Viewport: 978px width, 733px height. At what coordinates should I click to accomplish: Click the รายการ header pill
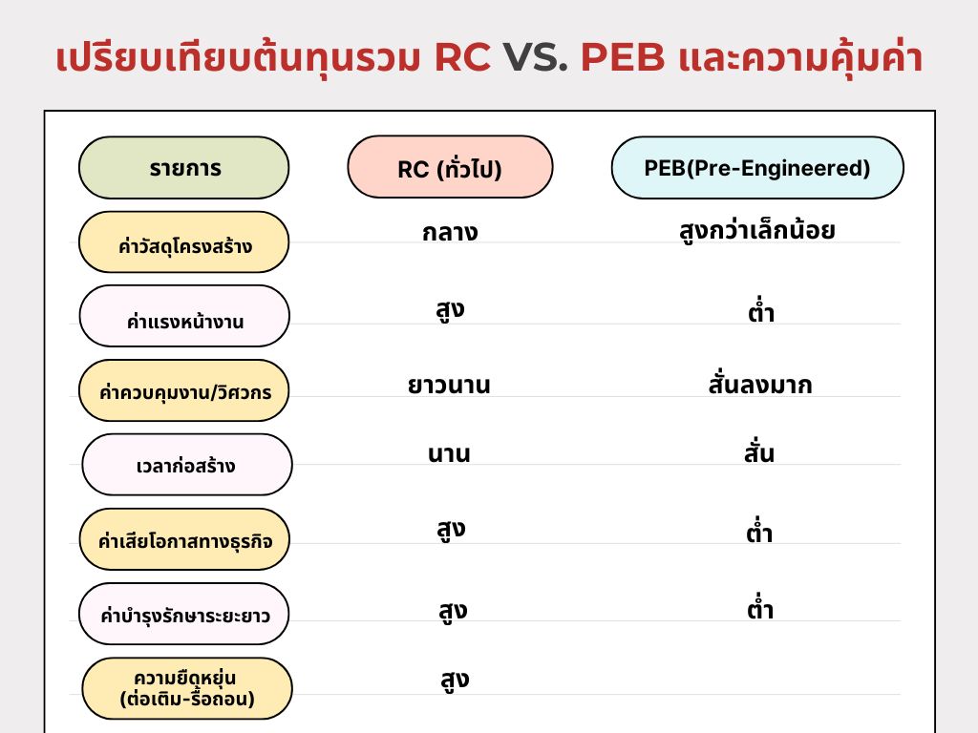pos(184,168)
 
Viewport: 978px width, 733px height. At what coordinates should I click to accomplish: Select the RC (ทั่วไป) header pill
pos(450,167)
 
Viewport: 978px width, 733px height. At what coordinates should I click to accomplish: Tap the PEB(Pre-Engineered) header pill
pos(757,168)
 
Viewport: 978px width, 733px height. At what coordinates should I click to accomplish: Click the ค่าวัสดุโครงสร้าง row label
pos(184,241)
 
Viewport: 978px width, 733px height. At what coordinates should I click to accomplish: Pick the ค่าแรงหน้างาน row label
pos(184,316)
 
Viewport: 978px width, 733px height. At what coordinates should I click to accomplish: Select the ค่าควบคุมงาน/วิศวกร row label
pos(184,390)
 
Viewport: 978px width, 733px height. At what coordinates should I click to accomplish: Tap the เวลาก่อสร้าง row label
pos(187,465)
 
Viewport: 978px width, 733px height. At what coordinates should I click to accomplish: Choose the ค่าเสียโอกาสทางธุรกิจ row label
pos(184,539)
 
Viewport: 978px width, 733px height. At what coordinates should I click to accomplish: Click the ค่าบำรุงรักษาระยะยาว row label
pos(184,614)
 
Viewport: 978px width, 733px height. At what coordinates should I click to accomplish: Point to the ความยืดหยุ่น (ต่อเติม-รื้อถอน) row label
pos(187,688)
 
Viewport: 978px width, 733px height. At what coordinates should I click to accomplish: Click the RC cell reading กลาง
pos(450,232)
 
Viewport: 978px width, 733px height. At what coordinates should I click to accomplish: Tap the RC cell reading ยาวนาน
pos(449,385)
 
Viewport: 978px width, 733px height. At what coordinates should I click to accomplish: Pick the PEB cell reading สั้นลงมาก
pos(759,384)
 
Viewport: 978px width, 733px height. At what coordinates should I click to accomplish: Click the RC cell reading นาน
pos(449,453)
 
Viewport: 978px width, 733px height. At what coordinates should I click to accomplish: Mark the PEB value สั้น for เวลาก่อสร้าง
pos(759,451)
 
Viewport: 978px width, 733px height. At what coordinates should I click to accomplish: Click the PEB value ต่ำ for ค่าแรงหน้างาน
pos(761,310)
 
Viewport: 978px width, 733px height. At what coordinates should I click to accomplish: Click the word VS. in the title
pos(536,57)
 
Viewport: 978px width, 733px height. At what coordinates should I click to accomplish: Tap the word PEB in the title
pos(623,57)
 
